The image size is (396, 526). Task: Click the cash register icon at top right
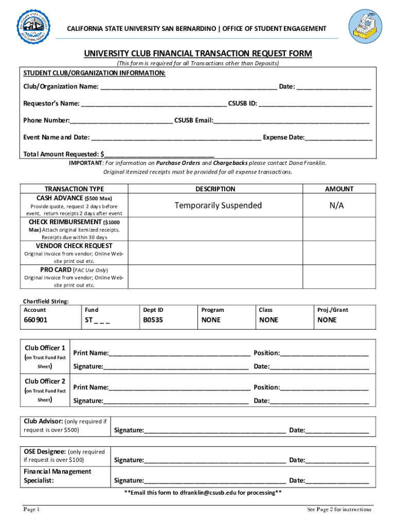366,27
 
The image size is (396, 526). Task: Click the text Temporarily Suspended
218,205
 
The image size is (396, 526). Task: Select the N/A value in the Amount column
337,205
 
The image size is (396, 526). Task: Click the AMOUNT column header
339,189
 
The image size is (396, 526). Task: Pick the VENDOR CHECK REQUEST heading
74,246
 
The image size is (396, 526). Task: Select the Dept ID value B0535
153,320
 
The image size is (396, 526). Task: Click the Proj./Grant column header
333,310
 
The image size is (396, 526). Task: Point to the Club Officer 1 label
45,348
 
